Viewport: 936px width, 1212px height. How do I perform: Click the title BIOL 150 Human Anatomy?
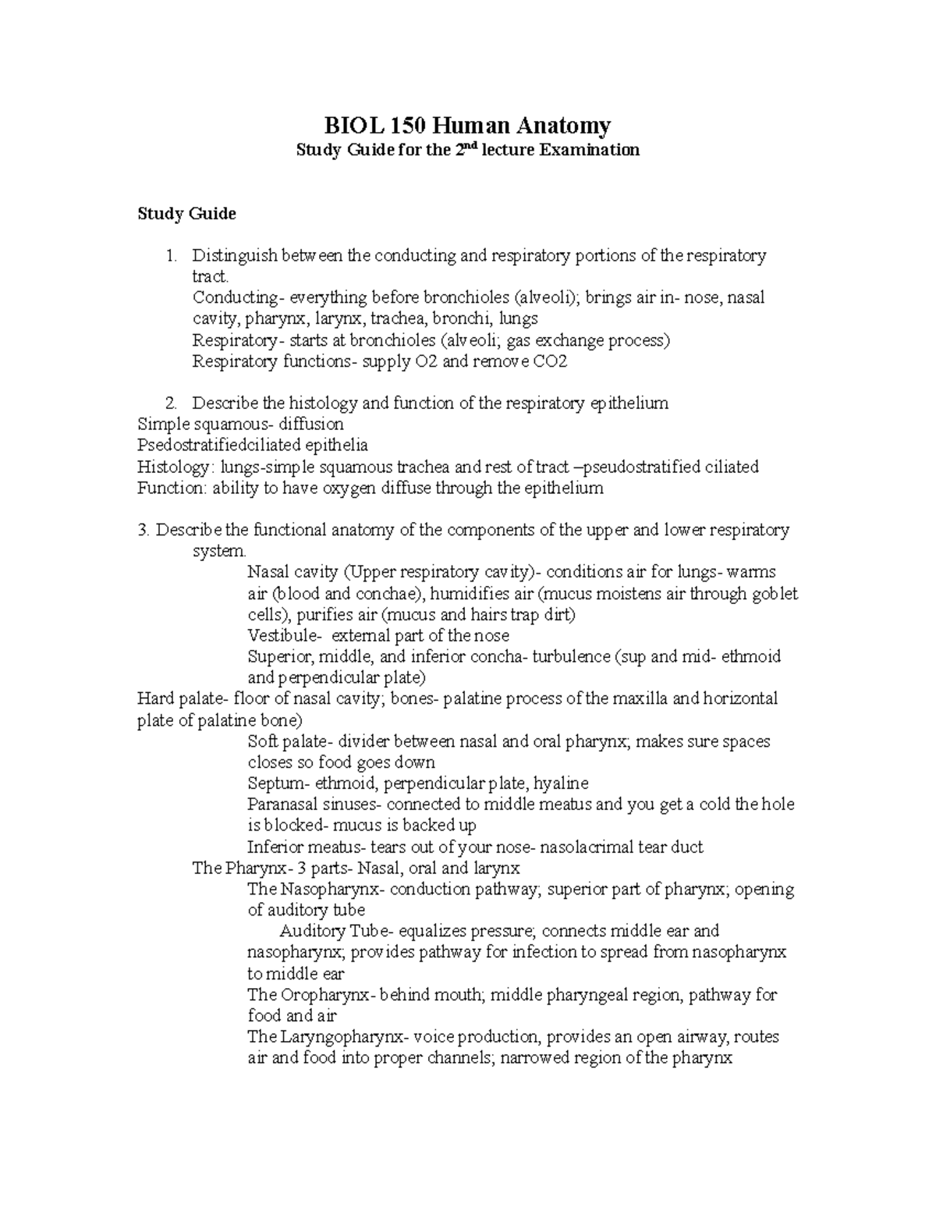pos(467,125)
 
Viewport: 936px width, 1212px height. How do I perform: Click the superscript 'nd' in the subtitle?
pos(470,146)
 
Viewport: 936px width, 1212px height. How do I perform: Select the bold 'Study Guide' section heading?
pos(186,214)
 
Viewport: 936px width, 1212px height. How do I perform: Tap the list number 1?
pos(171,256)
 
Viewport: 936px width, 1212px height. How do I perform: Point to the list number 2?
pos(171,404)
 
